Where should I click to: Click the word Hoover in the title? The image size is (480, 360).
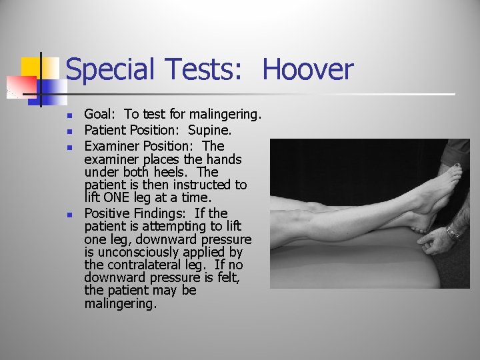(x=307, y=69)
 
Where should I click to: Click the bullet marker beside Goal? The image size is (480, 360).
(x=70, y=115)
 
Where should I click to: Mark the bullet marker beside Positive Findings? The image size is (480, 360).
(x=70, y=214)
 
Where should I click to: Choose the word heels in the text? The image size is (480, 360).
(x=164, y=172)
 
